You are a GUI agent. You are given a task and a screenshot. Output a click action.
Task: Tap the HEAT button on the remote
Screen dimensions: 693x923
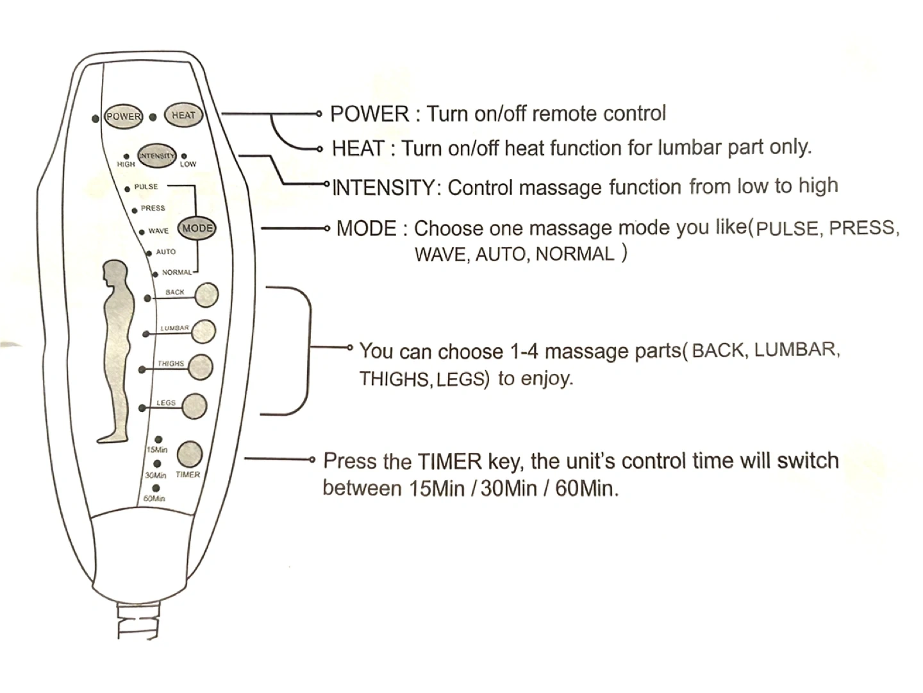tap(183, 116)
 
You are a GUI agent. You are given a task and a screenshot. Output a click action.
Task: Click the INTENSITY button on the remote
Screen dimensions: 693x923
tap(156, 155)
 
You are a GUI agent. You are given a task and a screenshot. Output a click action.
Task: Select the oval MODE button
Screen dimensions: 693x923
tap(197, 228)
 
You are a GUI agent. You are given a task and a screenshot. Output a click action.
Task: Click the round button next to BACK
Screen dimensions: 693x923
tap(206, 295)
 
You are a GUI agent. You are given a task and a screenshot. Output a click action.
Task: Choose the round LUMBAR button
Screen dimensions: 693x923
tap(203, 331)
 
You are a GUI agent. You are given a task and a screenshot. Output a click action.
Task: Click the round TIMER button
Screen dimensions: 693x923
tap(189, 454)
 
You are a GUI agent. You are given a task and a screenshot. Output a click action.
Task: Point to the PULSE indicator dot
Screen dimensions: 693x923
tap(128, 189)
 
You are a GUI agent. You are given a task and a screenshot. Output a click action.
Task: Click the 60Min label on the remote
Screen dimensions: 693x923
tap(154, 499)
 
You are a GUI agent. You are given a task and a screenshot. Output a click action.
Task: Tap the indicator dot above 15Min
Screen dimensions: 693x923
tap(158, 440)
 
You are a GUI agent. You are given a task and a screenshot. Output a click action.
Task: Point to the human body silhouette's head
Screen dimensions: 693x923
tap(116, 272)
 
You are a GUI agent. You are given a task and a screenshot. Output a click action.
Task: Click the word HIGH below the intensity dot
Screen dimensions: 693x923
tap(126, 164)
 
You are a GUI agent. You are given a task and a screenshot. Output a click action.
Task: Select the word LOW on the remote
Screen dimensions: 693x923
tap(188, 164)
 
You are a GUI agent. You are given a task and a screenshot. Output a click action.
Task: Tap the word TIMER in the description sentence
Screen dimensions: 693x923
tap(449, 461)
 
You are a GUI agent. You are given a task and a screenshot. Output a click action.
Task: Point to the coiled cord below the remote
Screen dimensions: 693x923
tap(138, 620)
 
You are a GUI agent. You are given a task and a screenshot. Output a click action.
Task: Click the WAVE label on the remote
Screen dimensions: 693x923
tap(158, 231)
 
